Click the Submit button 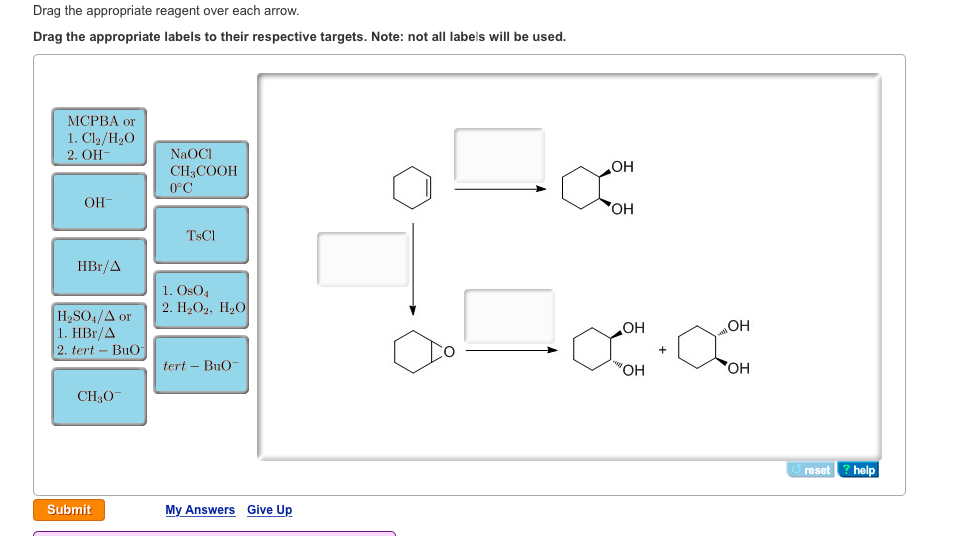click(x=69, y=510)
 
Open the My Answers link click(x=200, y=510)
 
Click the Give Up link click(x=270, y=510)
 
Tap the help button click(x=859, y=470)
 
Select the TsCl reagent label click(x=201, y=235)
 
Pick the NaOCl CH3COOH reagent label click(x=201, y=170)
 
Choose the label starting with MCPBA click(x=100, y=137)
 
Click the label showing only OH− click(x=100, y=202)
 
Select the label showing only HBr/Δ click(x=100, y=267)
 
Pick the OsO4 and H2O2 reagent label click(x=201, y=299)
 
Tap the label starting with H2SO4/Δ click(x=100, y=332)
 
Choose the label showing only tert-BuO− click(x=201, y=365)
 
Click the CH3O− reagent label click(x=100, y=397)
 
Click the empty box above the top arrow click(x=499, y=155)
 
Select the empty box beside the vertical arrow click(x=363, y=258)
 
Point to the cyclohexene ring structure click(x=412, y=187)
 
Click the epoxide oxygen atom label click(x=449, y=351)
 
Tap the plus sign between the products click(x=661, y=350)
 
